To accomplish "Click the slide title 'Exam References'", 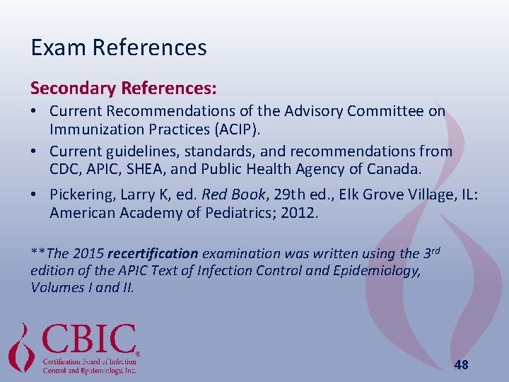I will (x=119, y=47).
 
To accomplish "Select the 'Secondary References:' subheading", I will (x=124, y=88).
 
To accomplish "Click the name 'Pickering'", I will (x=82, y=194).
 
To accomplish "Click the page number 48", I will (x=461, y=365).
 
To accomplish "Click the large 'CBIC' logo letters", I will (x=89, y=340).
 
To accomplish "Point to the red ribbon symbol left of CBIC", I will (x=22, y=347).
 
